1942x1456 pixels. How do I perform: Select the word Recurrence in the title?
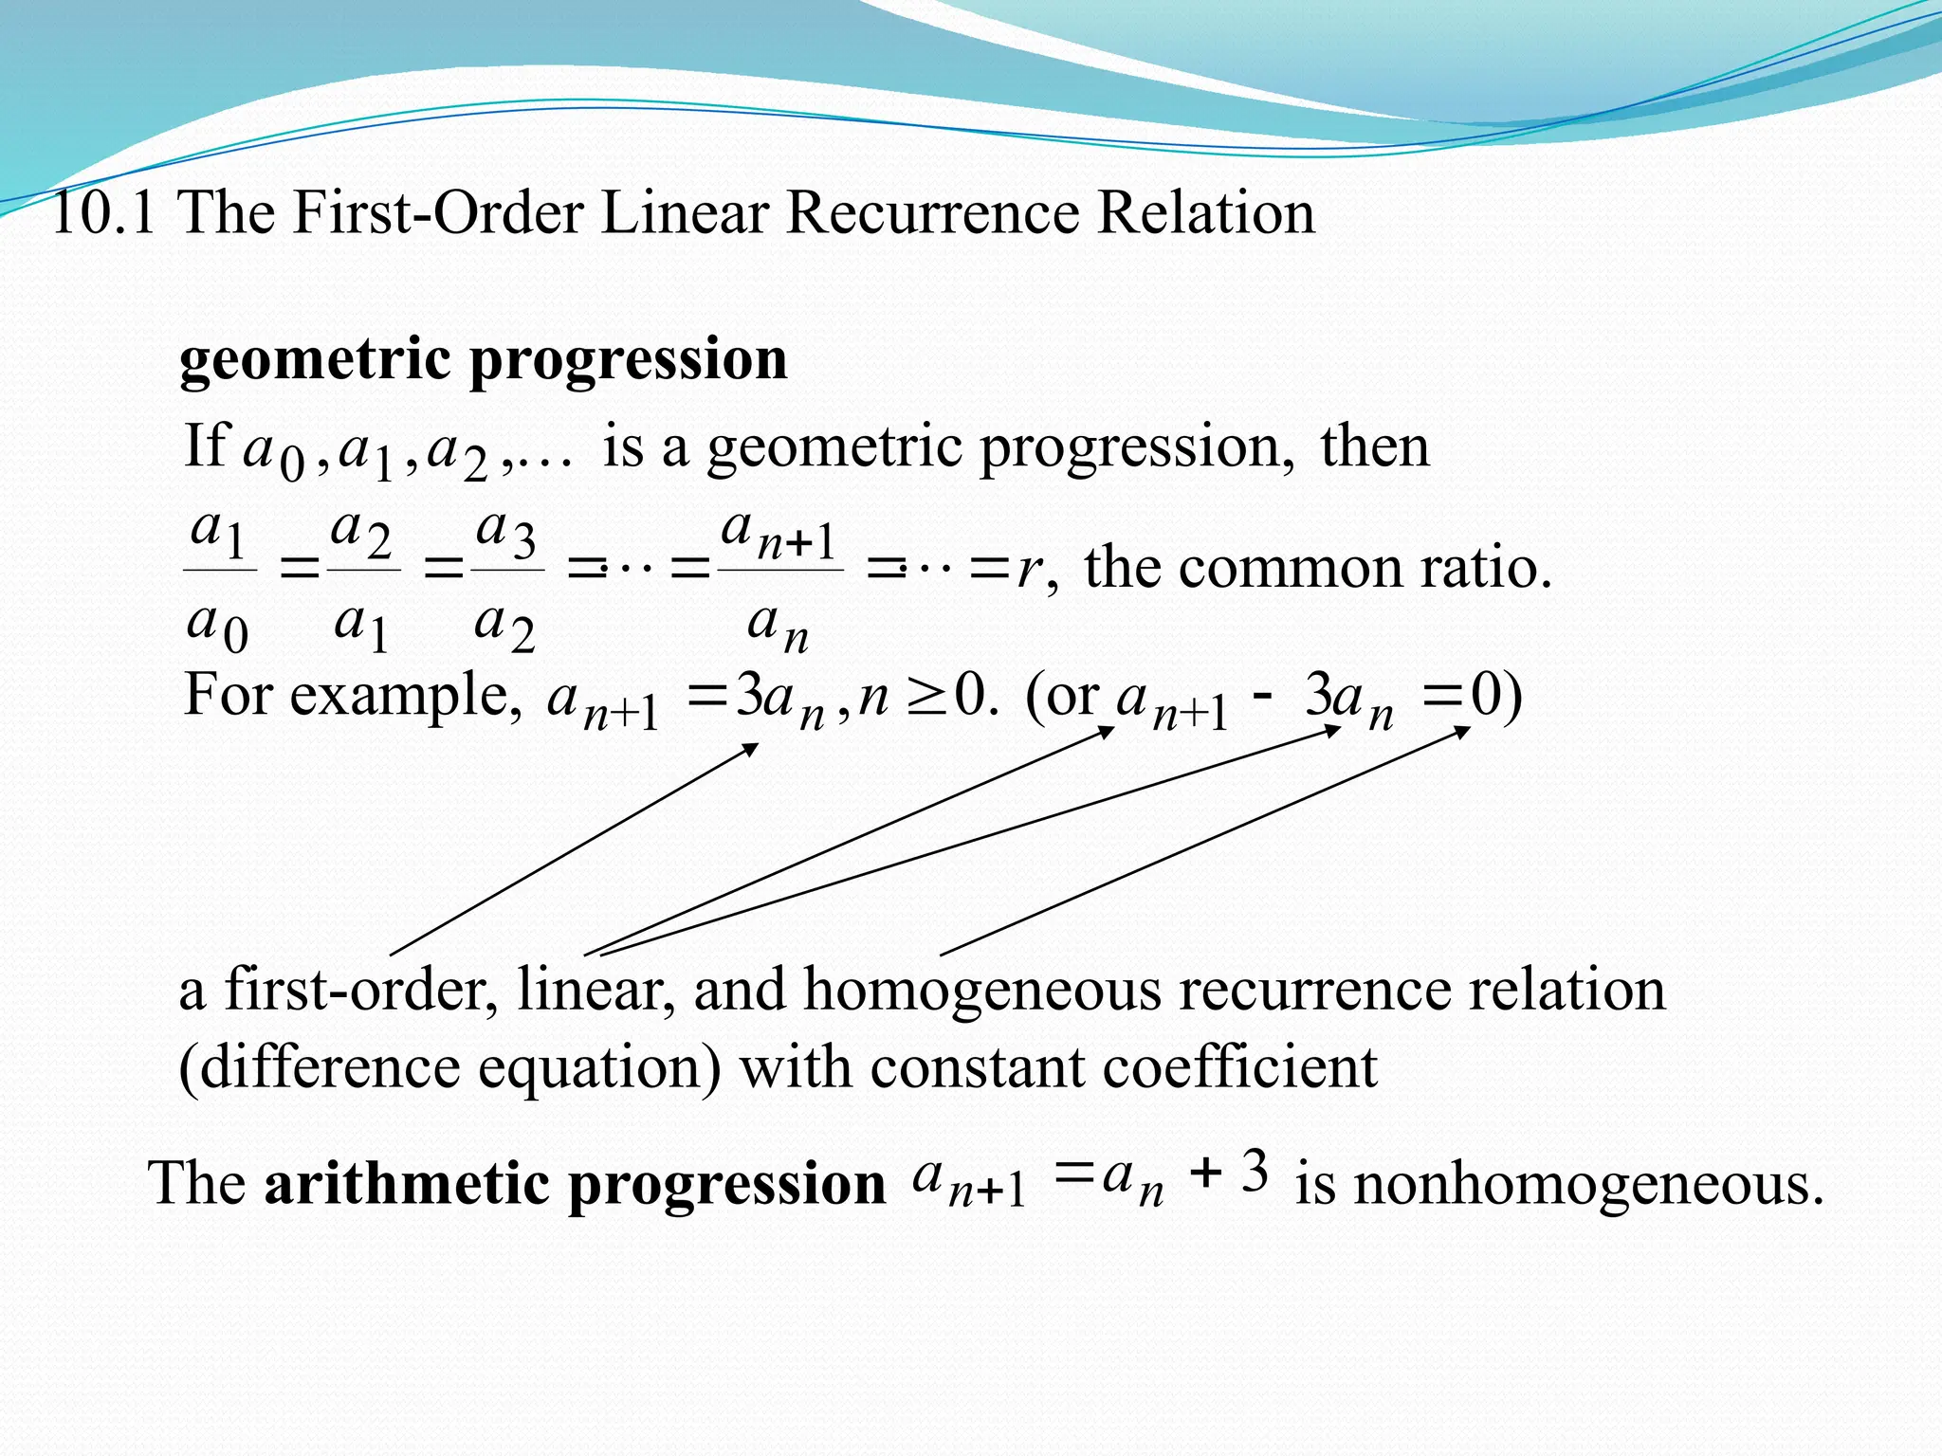coord(931,212)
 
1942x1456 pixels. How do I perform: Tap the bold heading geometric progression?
coord(484,360)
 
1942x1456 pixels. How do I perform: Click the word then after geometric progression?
coord(1374,446)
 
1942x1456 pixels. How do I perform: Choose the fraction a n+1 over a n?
coord(779,580)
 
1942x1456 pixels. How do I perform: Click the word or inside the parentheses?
coord(1072,697)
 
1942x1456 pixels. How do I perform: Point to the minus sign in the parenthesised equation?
coord(1262,697)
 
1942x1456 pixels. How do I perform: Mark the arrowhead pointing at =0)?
coord(1462,732)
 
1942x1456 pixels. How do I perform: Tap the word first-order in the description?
coord(361,990)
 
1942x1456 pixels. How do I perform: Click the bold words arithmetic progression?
coord(575,1184)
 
